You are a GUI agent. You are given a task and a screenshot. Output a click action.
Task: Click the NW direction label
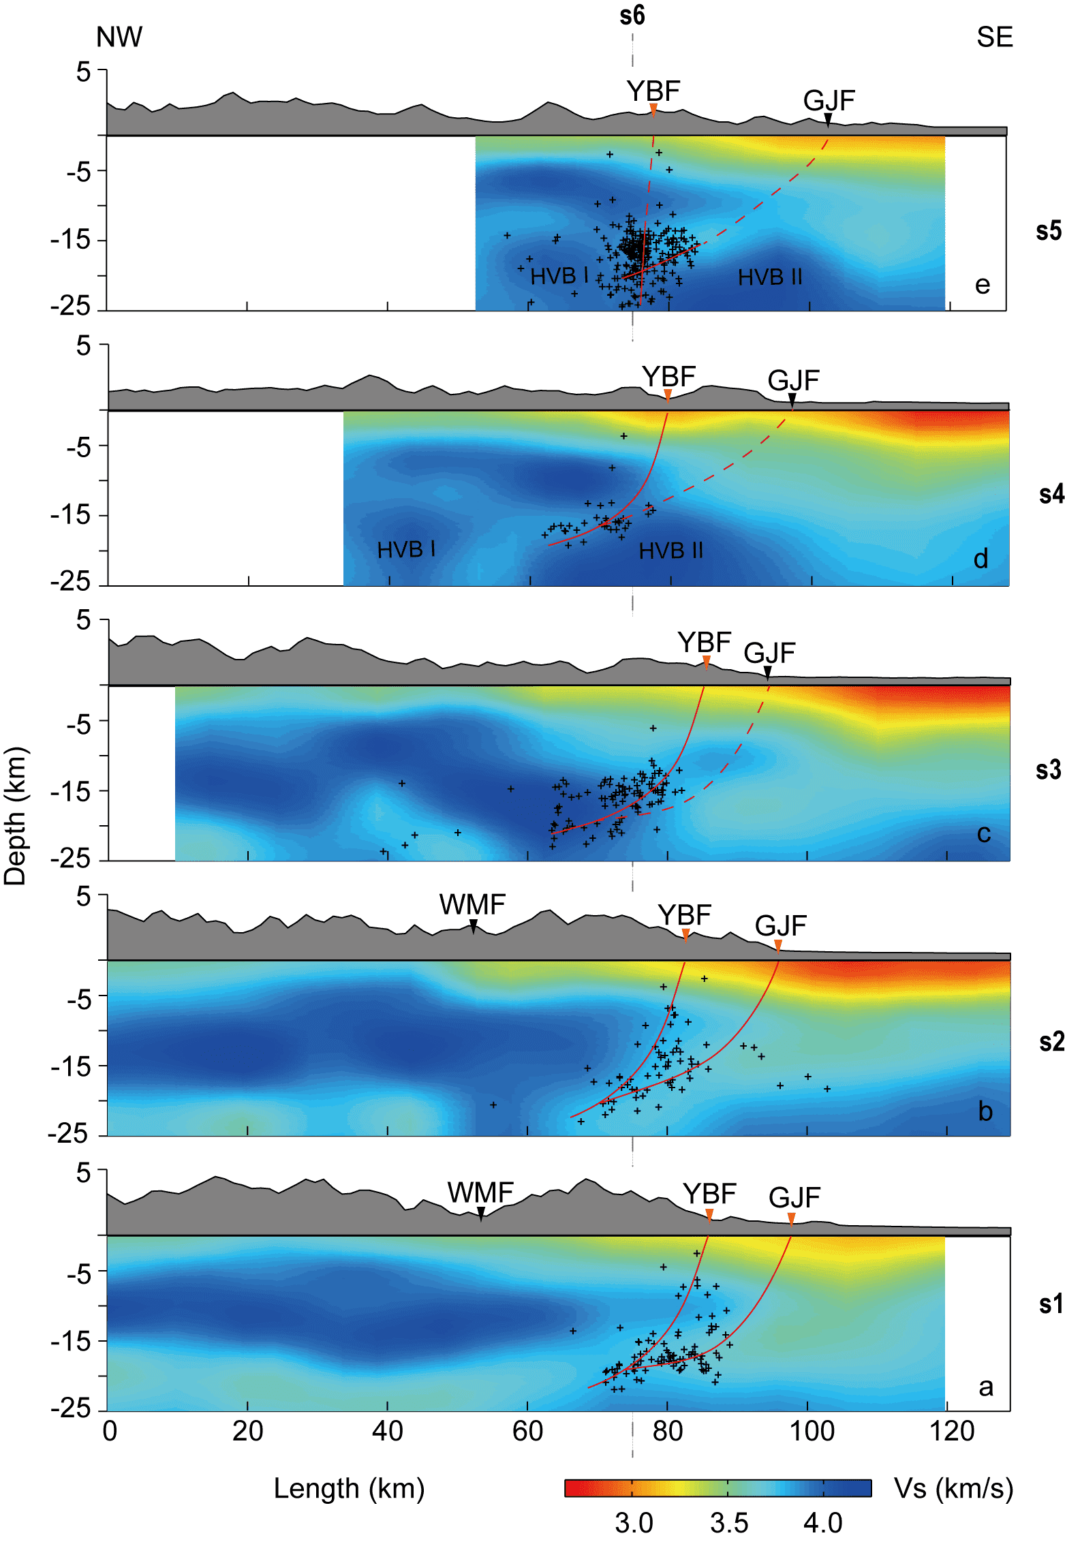(119, 37)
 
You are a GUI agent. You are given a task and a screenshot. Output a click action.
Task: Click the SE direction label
(994, 37)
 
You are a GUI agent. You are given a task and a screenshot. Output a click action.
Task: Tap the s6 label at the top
(632, 15)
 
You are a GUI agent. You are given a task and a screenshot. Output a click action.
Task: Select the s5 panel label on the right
(1048, 231)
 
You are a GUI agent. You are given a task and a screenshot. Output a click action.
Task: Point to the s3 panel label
(1048, 770)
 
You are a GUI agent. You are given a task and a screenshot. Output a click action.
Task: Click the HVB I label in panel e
(559, 276)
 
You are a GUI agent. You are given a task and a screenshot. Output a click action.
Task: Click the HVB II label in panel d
(670, 551)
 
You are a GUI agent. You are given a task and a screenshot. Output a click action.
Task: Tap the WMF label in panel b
(472, 905)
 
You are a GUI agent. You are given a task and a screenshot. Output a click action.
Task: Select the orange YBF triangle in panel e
(653, 109)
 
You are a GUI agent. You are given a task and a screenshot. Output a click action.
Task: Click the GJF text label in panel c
(769, 653)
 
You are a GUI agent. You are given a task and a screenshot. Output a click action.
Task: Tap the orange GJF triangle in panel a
(791, 1218)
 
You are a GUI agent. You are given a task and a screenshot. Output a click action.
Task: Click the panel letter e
(982, 285)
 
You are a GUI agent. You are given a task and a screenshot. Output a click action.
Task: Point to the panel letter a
(985, 1387)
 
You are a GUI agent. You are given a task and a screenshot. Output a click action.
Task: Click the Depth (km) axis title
(15, 816)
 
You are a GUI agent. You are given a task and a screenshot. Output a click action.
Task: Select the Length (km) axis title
(349, 1488)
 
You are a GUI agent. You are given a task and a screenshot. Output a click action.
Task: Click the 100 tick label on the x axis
(812, 1432)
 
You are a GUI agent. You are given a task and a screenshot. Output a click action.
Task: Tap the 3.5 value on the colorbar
(729, 1523)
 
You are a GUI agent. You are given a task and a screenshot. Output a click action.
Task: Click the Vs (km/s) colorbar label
(953, 1488)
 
